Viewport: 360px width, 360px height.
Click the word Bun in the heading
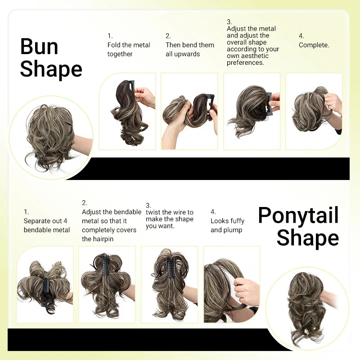pyautogui.click(x=39, y=47)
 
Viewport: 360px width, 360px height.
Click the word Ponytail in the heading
pyautogui.click(x=298, y=216)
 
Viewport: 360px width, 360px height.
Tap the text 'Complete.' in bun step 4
pyautogui.click(x=314, y=45)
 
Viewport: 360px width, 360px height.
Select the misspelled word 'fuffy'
pyautogui.click(x=236, y=221)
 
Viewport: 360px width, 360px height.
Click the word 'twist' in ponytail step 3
pyautogui.click(x=153, y=212)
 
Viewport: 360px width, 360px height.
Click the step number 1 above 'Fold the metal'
pyautogui.click(x=110, y=36)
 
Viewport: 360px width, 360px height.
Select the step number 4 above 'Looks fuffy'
pyautogui.click(x=213, y=211)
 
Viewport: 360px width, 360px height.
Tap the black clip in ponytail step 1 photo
pyautogui.click(x=45, y=285)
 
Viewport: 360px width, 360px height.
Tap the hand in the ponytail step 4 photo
pyautogui.click(x=247, y=290)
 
